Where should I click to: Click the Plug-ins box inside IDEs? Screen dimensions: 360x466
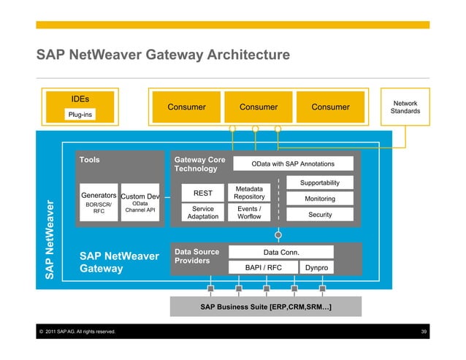point(80,115)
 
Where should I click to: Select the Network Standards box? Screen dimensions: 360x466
point(405,107)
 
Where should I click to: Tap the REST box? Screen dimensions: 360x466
point(202,193)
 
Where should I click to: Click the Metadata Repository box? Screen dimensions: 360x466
point(249,193)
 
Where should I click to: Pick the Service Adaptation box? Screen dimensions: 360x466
point(202,212)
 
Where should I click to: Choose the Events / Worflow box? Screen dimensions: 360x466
point(249,212)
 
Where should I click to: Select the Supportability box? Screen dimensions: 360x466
point(320,183)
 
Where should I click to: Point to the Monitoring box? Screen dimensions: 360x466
point(320,199)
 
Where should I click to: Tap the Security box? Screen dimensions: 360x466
point(320,215)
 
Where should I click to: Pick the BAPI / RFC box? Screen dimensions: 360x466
point(264,268)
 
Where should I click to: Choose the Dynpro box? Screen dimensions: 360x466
point(318,268)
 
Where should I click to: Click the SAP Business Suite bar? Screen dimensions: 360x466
point(266,307)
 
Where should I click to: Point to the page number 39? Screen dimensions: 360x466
point(424,332)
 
